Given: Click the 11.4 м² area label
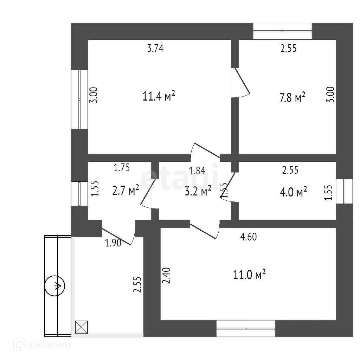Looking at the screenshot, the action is [159, 96].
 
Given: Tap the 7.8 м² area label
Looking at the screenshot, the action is [292, 97].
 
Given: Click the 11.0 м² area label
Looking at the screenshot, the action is [249, 275].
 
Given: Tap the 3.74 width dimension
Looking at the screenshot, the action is [155, 49].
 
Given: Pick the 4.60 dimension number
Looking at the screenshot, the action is [248, 237].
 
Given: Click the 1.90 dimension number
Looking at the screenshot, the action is [113, 243].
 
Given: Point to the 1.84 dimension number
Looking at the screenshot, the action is [197, 171].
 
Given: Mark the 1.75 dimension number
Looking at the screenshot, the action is [122, 168].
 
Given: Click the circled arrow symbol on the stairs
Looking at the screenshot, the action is [54, 285].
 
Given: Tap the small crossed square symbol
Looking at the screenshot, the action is [81, 327].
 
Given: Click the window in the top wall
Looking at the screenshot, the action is [283, 31].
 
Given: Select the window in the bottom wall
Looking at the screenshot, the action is [245, 328].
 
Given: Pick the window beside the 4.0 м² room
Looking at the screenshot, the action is [344, 191].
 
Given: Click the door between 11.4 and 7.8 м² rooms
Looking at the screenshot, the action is [240, 82].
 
